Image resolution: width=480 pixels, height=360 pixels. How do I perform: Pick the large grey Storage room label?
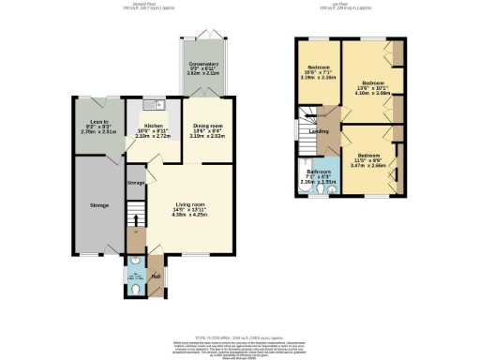point(99,204)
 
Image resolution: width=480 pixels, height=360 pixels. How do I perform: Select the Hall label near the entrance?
point(157,275)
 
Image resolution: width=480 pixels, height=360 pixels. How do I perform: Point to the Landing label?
point(319,131)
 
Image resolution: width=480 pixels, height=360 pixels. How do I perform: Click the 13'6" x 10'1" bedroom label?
point(367,82)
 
